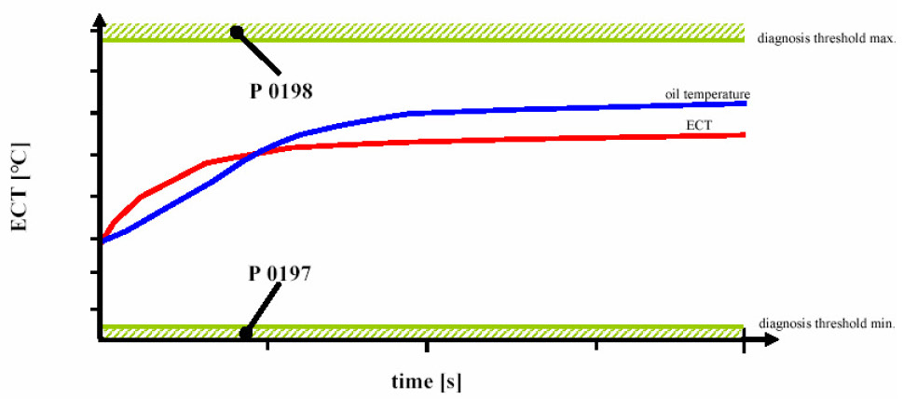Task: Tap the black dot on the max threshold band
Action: tap(237, 32)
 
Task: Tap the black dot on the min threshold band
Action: tap(246, 333)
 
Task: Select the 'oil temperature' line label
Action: tap(707, 94)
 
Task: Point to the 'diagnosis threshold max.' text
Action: tap(826, 40)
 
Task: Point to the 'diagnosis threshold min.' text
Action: tap(826, 322)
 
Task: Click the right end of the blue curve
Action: tap(745, 103)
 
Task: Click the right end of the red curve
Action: tap(744, 134)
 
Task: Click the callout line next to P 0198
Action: tap(260, 53)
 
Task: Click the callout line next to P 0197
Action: tap(264, 307)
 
